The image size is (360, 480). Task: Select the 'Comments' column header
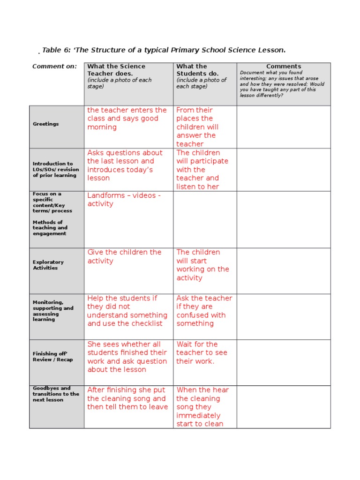coord(284,67)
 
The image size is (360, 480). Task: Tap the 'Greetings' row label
coord(46,124)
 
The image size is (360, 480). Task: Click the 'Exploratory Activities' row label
coord(48,265)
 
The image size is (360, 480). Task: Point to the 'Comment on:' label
coord(54,67)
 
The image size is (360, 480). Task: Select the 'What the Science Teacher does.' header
coord(116,70)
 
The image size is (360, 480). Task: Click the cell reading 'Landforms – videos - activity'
coord(124,199)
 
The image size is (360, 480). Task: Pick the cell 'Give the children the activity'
coord(124,256)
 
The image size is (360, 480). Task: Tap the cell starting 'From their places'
coord(197,127)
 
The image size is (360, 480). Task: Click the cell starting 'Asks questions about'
coord(125,165)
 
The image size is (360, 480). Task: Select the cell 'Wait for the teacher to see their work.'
coord(197,352)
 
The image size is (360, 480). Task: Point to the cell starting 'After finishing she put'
coord(127,398)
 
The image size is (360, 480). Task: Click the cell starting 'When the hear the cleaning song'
coord(200,407)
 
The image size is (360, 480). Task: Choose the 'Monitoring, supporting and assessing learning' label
coord(53,311)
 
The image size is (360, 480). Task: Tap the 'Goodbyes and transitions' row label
coord(56,394)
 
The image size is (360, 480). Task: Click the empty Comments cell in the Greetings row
coord(283,127)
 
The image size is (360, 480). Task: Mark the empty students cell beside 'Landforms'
coord(205,219)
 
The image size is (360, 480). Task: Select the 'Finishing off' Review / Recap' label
coord(52,357)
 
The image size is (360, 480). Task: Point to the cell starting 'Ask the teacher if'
coord(204,311)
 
